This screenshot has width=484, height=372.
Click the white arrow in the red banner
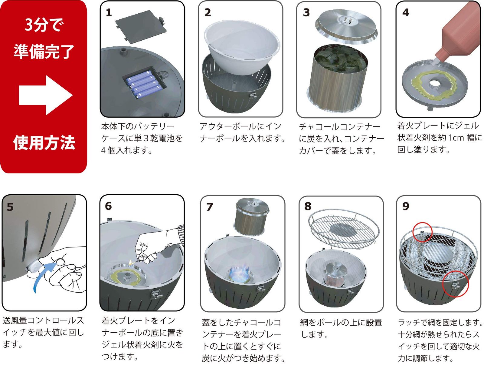point(45,95)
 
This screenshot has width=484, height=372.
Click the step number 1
point(109,13)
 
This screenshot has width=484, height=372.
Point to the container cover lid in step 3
point(347,27)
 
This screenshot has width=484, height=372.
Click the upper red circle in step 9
point(422,232)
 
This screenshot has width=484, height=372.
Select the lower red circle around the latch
point(455,284)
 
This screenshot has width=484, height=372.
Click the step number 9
point(406,206)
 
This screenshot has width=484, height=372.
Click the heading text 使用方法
point(44,142)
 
